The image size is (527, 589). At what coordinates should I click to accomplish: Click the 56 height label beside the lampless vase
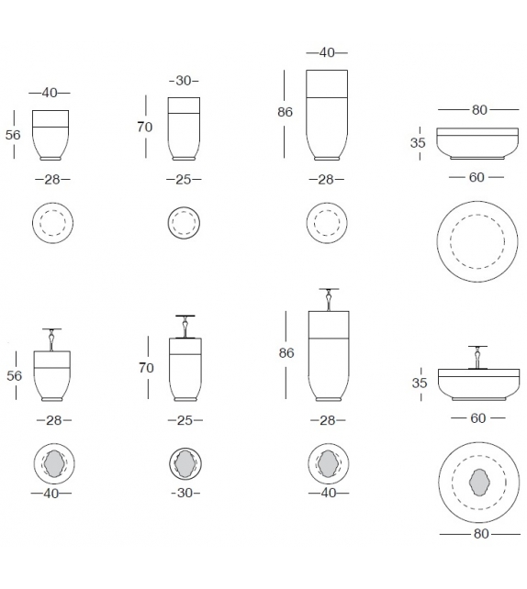pyautogui.click(x=13, y=135)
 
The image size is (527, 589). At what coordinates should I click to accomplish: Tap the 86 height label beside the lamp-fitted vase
pyautogui.click(x=286, y=352)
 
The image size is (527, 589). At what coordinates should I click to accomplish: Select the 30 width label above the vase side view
pyautogui.click(x=184, y=81)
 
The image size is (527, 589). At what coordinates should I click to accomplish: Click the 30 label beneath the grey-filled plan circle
pyautogui.click(x=185, y=493)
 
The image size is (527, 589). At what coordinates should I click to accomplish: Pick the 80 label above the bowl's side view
pyautogui.click(x=479, y=110)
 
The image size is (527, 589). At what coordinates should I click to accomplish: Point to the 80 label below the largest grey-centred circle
pyautogui.click(x=481, y=533)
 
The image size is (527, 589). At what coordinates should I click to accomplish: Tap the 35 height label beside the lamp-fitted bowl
pyautogui.click(x=420, y=383)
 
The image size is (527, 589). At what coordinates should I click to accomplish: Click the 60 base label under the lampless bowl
pyautogui.click(x=477, y=177)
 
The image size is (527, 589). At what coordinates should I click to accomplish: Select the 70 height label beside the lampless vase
pyautogui.click(x=145, y=127)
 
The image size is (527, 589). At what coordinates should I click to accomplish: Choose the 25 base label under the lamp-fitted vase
pyautogui.click(x=185, y=420)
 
